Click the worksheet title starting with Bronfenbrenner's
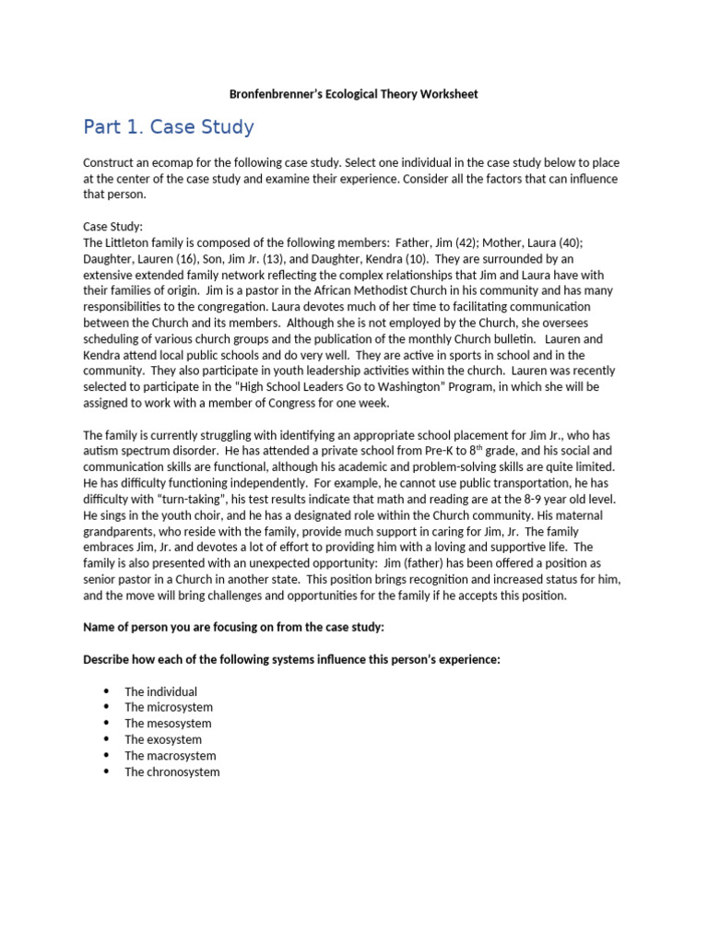click(x=353, y=94)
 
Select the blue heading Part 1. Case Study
click(x=168, y=127)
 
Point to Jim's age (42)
click(x=434, y=242)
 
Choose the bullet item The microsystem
click(x=168, y=707)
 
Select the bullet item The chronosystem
click(x=172, y=772)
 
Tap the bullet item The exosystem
click(x=163, y=739)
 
